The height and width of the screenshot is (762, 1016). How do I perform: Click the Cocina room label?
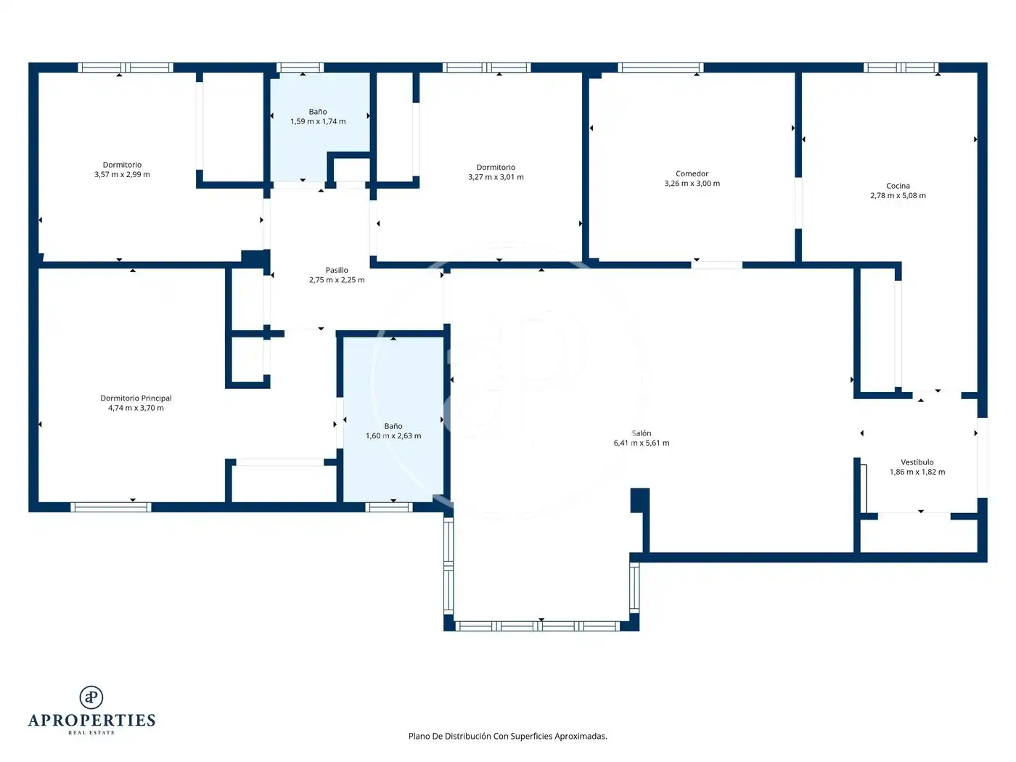(898, 186)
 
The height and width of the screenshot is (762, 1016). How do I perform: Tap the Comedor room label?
(692, 173)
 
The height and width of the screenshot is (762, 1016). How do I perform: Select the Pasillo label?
(337, 270)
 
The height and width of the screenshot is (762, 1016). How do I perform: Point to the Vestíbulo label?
(917, 462)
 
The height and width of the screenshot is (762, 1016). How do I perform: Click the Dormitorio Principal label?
(136, 398)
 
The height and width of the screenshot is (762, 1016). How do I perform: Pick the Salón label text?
(641, 433)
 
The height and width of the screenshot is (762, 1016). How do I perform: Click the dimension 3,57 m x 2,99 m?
(122, 174)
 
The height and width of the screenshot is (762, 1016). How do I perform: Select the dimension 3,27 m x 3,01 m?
(496, 177)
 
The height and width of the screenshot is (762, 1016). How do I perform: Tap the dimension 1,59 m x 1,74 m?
(318, 121)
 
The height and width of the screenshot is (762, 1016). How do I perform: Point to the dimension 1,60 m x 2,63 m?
(393, 435)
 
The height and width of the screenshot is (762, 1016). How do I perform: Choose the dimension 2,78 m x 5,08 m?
(898, 195)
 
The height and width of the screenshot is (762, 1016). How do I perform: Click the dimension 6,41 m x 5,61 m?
(641, 443)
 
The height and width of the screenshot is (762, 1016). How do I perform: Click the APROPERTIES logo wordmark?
(91, 720)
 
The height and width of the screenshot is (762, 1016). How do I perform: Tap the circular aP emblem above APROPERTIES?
(91, 697)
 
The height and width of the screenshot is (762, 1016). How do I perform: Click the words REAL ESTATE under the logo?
(91, 732)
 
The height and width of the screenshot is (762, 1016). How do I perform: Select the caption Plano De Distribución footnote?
(507, 736)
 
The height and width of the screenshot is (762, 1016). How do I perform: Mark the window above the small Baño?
(300, 67)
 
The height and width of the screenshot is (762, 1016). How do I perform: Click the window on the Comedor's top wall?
(660, 67)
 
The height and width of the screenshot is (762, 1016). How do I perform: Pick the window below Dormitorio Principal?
(110, 507)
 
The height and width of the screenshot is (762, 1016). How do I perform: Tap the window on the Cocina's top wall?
(901, 67)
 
